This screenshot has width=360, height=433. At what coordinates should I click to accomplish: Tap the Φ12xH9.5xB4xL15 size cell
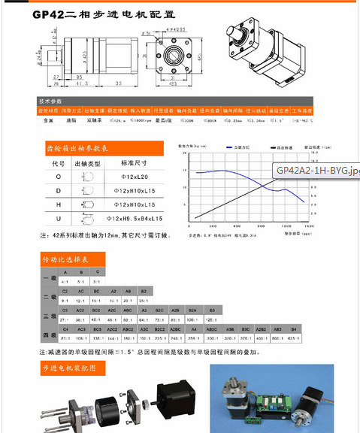point(138,219)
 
